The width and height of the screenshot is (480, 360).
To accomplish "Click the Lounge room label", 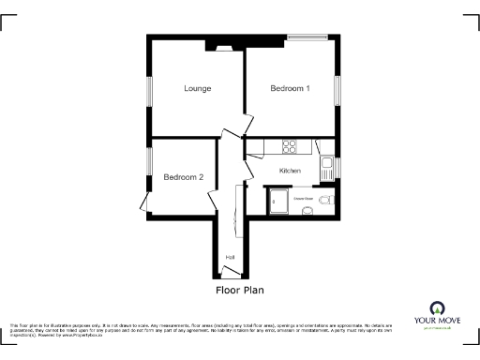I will pos(197,89).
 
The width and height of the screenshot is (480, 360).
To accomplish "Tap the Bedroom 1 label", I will pos(290,89).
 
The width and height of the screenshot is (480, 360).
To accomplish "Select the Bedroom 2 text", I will pos(183,177).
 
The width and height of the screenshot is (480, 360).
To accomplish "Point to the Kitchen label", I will pos(290,171).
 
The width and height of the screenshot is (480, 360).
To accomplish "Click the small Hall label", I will pos(230,257).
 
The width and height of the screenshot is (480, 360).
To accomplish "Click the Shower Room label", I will pos(303,199).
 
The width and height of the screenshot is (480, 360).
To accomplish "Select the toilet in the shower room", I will pos(325,200).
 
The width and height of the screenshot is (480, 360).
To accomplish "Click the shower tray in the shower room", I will pos(278,201).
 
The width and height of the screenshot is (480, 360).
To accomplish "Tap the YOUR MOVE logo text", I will pos(435,321).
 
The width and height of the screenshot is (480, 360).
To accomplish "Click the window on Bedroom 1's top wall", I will pos(307,38).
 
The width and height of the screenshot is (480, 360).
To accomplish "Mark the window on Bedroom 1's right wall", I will pos(339,87).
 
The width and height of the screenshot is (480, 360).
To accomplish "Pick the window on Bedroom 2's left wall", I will pos(148,161).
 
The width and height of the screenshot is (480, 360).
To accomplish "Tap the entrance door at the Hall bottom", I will pos(229,276).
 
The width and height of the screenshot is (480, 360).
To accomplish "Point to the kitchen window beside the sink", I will pos(339,167).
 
